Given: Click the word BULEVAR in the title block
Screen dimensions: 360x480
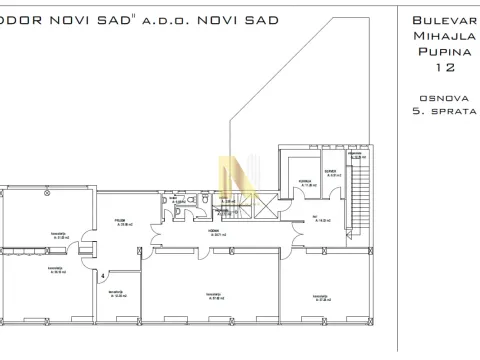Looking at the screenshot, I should tap(436, 20).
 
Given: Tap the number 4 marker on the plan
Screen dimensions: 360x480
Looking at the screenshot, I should tap(102, 274).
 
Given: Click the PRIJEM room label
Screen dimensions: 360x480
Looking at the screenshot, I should tap(118, 218).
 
